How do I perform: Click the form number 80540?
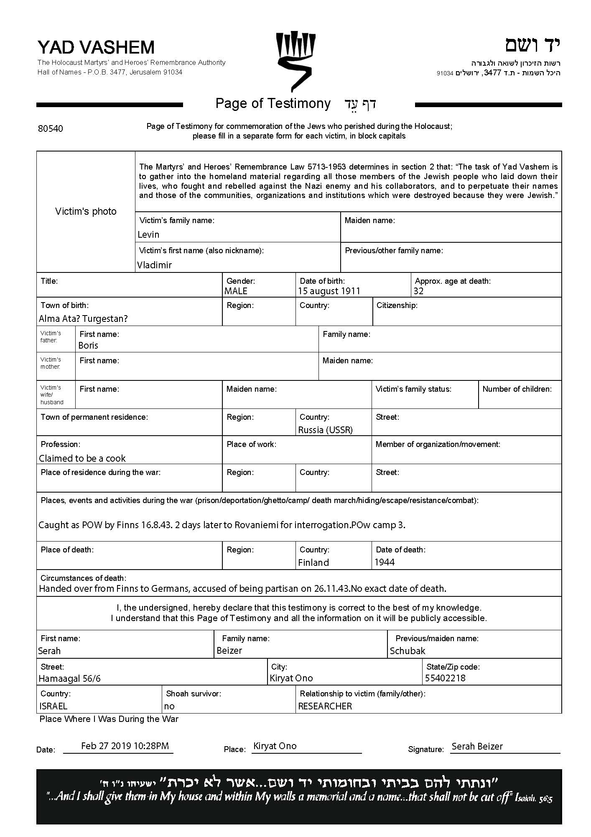[51, 128]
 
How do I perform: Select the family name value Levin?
[148, 234]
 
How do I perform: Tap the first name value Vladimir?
[154, 265]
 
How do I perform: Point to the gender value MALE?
[236, 291]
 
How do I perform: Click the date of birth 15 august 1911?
[329, 291]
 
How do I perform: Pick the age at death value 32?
[418, 291]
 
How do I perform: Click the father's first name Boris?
[88, 345]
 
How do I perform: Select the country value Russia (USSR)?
[325, 430]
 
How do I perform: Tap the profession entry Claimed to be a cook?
[82, 458]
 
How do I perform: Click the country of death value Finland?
[313, 562]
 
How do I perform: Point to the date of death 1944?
[385, 562]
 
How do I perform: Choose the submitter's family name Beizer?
[229, 650]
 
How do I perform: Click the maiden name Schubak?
[408, 651]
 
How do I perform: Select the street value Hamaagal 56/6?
[69, 678]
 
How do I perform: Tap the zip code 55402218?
[445, 678]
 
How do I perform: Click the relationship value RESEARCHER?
[325, 706]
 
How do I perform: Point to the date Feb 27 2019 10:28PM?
[125, 746]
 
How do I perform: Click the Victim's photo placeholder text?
[86, 211]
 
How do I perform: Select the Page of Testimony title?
[273, 103]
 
